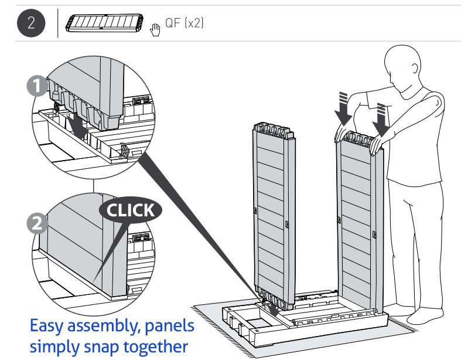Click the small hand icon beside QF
(x=155, y=27)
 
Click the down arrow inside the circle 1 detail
(x=76, y=124)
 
